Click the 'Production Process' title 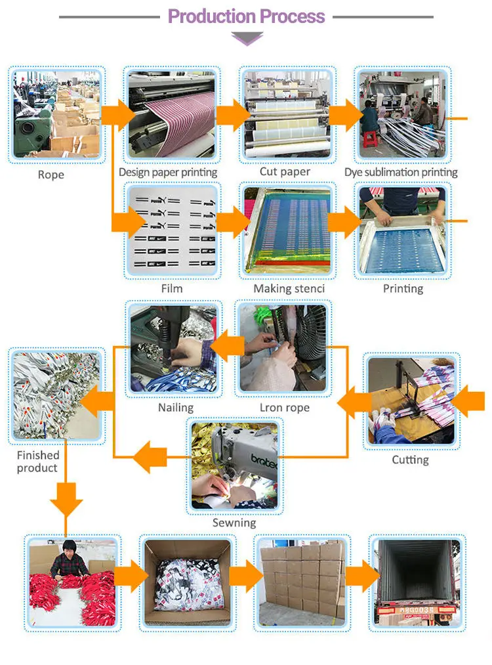click(247, 16)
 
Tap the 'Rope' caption click(51, 175)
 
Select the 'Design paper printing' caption click(168, 172)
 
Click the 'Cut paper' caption click(285, 171)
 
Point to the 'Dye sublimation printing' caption click(401, 172)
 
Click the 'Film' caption click(172, 288)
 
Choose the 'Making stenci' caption click(289, 288)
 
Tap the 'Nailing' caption click(176, 408)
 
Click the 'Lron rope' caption click(285, 408)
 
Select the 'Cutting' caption click(411, 460)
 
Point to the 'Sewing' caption click(234, 523)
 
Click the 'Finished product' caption click(38, 461)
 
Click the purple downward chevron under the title click(247, 39)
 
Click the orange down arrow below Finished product click(66, 500)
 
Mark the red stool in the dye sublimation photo click(372, 138)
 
